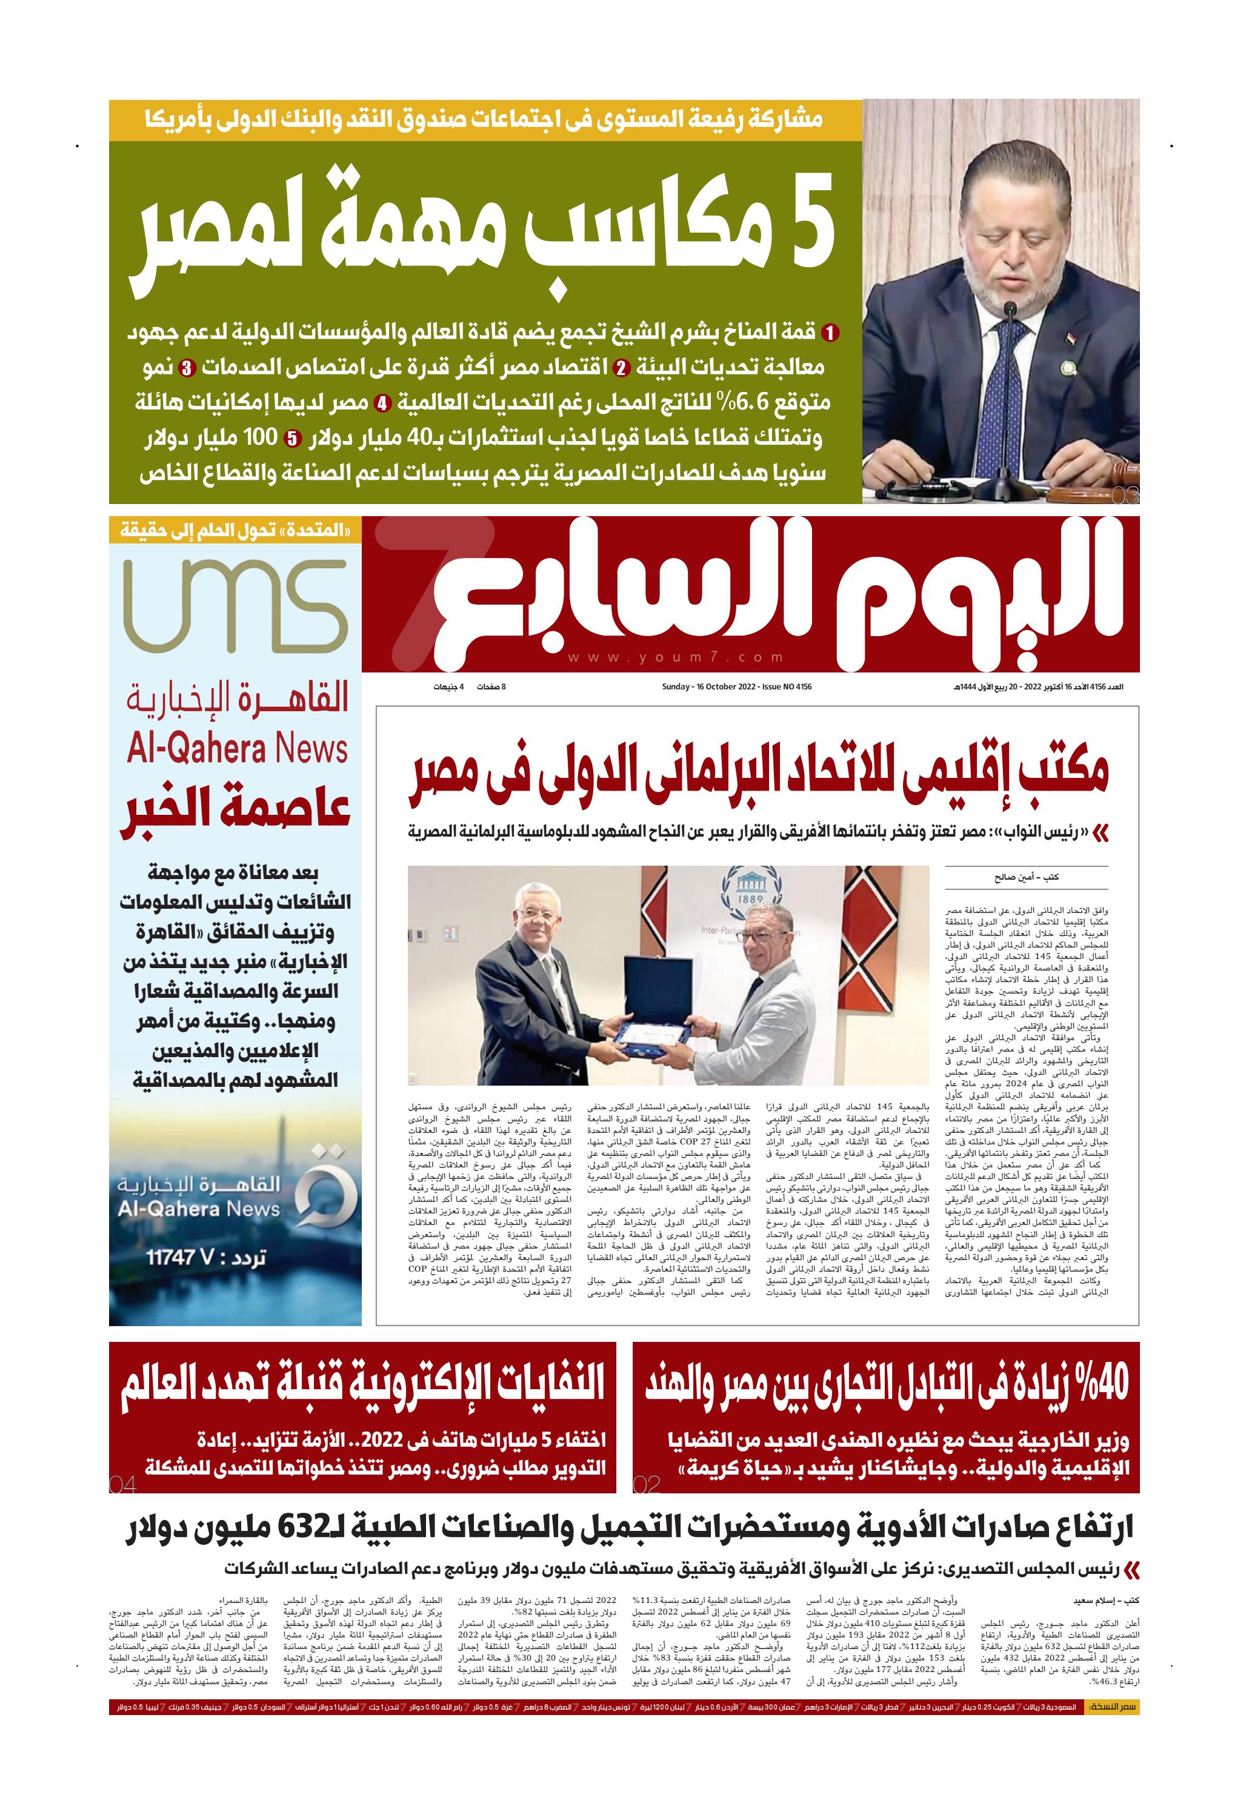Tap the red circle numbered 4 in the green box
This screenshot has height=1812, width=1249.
point(381,405)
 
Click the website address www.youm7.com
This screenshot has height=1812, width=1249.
point(674,658)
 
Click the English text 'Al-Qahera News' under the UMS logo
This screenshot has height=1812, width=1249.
point(237,749)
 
